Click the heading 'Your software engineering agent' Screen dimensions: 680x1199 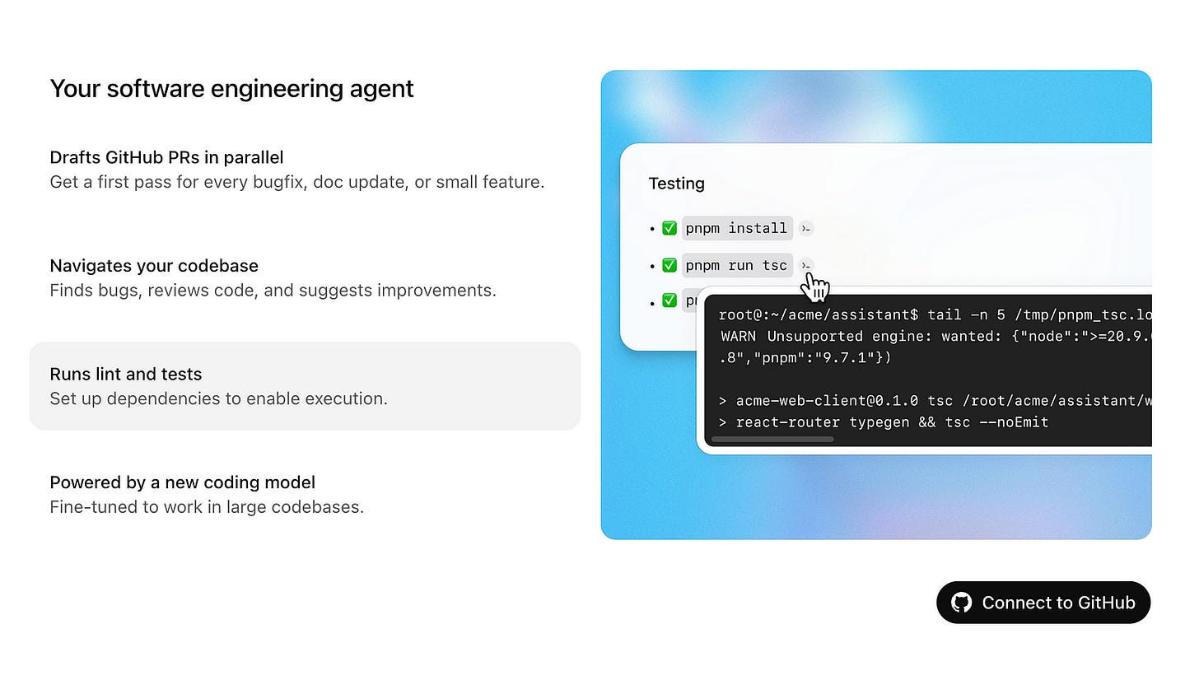tap(231, 88)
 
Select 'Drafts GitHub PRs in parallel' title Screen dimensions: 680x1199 tap(166, 156)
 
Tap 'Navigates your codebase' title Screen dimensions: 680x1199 tap(154, 265)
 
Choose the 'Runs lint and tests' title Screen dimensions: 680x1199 tap(125, 374)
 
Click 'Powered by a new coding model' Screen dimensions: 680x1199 tap(182, 482)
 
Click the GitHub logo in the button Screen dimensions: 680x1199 tap(961, 603)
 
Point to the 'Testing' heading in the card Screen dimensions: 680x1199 tap(676, 184)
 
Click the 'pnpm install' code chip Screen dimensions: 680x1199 tap(736, 228)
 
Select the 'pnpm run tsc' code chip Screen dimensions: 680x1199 tap(736, 265)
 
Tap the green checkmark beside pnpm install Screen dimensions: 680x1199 tap(669, 228)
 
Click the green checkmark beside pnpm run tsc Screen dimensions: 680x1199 tap(669, 265)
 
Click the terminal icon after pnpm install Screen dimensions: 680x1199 tap(806, 229)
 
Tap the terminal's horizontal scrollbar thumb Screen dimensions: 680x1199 tap(772, 440)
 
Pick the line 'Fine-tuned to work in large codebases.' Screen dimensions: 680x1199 tap(207, 506)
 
